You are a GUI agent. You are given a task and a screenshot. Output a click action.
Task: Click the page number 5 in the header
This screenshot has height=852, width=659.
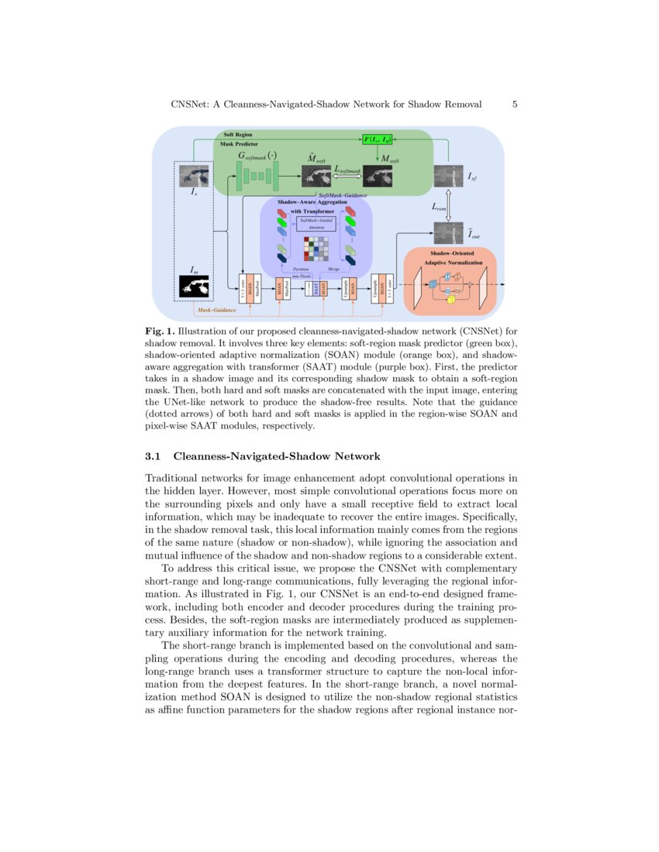(515, 105)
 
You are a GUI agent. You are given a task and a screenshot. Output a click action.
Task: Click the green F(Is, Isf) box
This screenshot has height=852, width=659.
(378, 139)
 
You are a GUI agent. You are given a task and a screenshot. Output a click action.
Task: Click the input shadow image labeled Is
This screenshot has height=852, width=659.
(194, 177)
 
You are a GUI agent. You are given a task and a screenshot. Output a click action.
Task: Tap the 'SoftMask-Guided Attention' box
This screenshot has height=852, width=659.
(316, 225)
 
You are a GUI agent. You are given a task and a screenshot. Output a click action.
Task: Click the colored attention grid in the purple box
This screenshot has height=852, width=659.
(316, 249)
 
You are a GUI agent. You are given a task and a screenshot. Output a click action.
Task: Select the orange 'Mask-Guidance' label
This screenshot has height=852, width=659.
(216, 310)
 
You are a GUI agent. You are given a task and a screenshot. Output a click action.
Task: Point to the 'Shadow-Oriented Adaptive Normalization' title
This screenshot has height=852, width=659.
(452, 258)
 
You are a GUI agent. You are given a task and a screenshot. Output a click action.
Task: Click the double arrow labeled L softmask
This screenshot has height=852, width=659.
(349, 177)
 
